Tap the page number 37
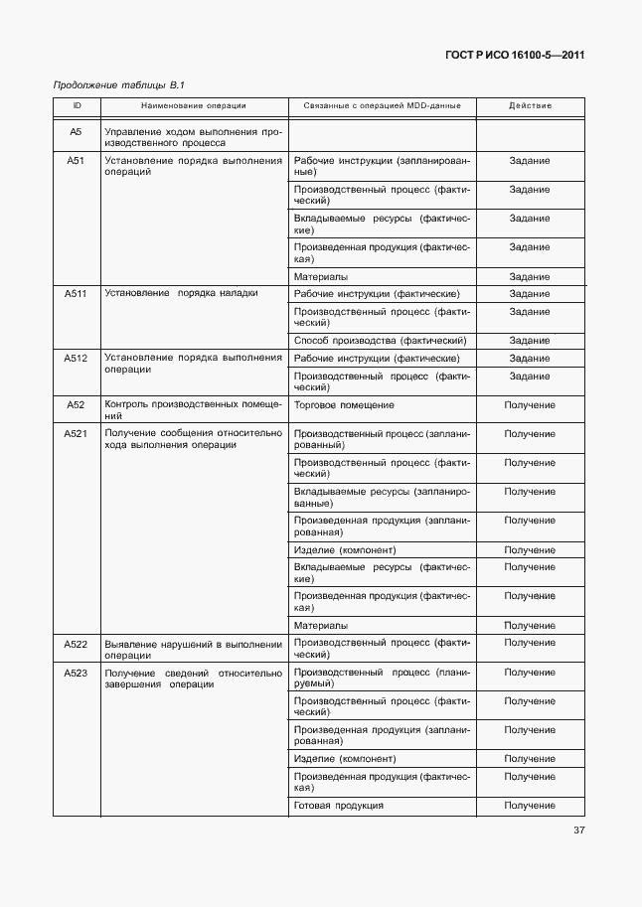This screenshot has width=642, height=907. (578, 831)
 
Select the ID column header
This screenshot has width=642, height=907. (77, 105)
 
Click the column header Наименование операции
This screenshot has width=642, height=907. (194, 105)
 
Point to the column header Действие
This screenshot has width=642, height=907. (530, 105)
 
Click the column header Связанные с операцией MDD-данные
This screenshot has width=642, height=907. (382, 105)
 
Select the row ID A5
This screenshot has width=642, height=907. (77, 131)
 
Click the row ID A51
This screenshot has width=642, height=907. (77, 160)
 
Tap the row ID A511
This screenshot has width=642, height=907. (77, 294)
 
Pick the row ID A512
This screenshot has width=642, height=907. (77, 358)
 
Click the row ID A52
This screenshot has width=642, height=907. (77, 405)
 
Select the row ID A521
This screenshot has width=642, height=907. (77, 434)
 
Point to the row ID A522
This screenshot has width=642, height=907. (77, 644)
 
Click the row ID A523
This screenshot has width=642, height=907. (77, 673)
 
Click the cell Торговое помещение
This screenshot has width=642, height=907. (344, 405)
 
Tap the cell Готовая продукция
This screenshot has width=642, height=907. (339, 805)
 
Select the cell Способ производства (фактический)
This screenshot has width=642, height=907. (381, 341)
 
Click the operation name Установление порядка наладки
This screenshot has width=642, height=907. (181, 294)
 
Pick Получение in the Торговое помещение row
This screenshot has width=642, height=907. (530, 405)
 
